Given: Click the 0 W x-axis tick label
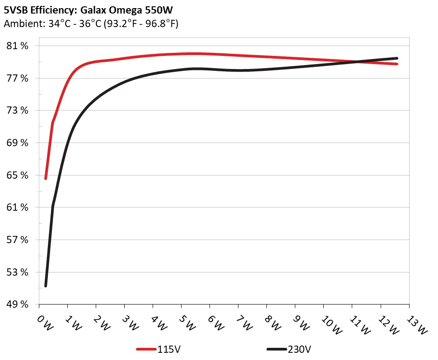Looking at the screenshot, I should point(44,323).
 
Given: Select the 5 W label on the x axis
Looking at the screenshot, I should point(186,323).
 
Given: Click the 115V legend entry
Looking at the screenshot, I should point(169,349).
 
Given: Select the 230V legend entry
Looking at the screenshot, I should point(299,349).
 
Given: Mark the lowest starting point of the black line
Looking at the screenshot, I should point(46,286).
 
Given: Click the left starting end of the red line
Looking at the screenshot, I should point(46,179).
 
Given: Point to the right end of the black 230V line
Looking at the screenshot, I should point(397,58).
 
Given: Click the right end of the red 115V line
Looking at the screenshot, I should point(397,64).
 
